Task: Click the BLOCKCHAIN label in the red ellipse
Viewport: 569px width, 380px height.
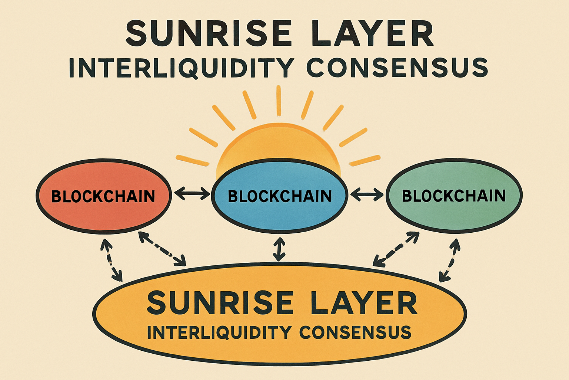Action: coord(103,196)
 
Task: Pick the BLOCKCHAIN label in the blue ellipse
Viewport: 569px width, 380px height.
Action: coord(280,196)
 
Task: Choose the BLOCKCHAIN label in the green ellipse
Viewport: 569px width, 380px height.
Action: coord(454,196)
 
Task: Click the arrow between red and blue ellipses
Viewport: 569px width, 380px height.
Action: coord(192,193)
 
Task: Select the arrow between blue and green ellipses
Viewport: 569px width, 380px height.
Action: coord(367,193)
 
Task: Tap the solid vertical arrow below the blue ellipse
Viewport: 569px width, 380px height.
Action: coord(279,249)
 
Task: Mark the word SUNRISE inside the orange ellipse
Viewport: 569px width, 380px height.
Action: coord(220,303)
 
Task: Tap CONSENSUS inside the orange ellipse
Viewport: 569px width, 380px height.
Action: coord(355,332)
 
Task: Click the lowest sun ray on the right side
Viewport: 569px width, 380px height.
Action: coord(365,160)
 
